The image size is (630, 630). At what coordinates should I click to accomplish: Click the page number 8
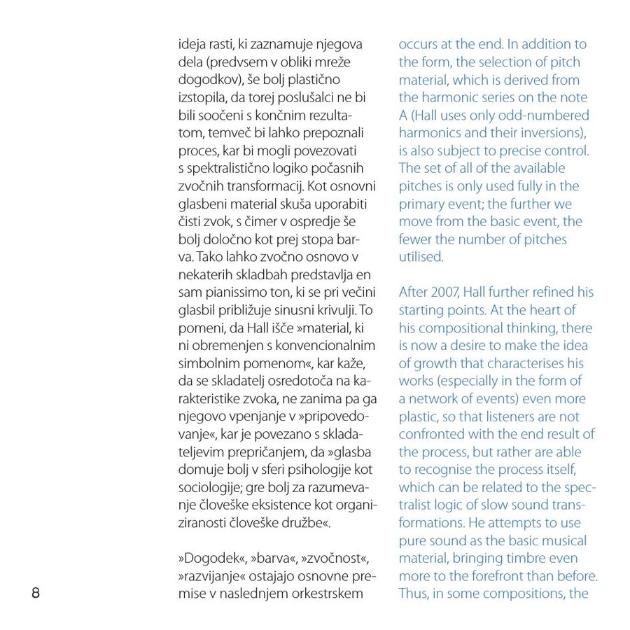[x=36, y=594]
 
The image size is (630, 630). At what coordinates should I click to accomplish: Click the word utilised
[x=421, y=257]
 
